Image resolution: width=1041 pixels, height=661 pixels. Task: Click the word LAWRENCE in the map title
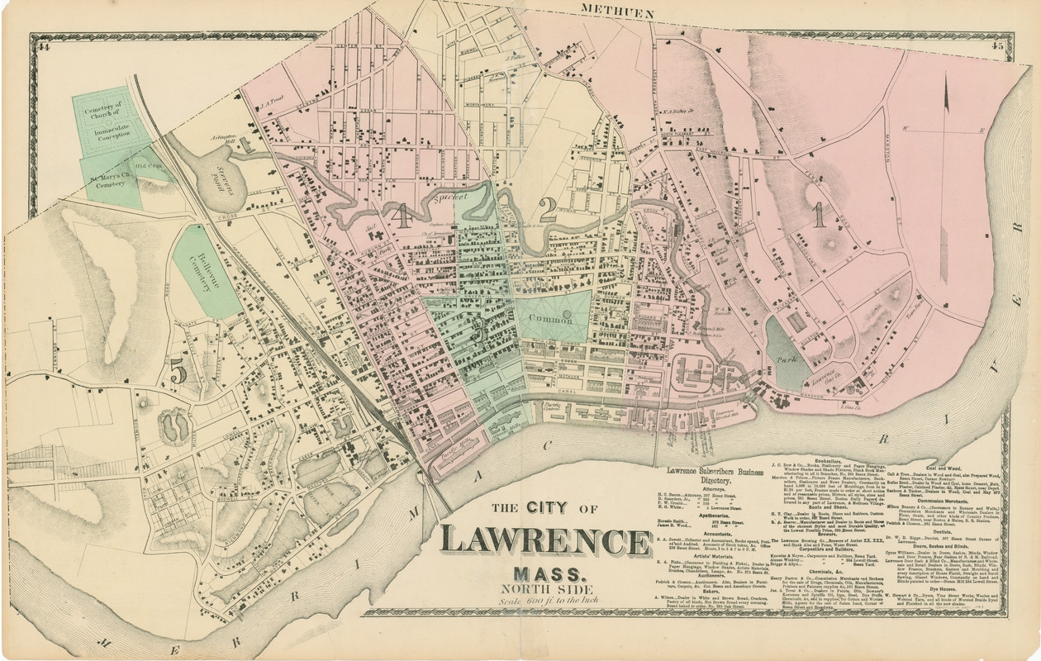[x=545, y=540]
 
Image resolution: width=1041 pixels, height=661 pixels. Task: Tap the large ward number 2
[x=547, y=210]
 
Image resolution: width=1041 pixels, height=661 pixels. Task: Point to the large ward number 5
[x=178, y=372]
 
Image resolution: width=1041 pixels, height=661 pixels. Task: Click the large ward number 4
[x=402, y=216]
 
